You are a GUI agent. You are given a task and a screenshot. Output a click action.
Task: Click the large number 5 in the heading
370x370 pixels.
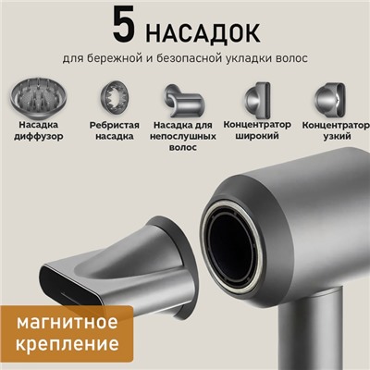click(x=126, y=26)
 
